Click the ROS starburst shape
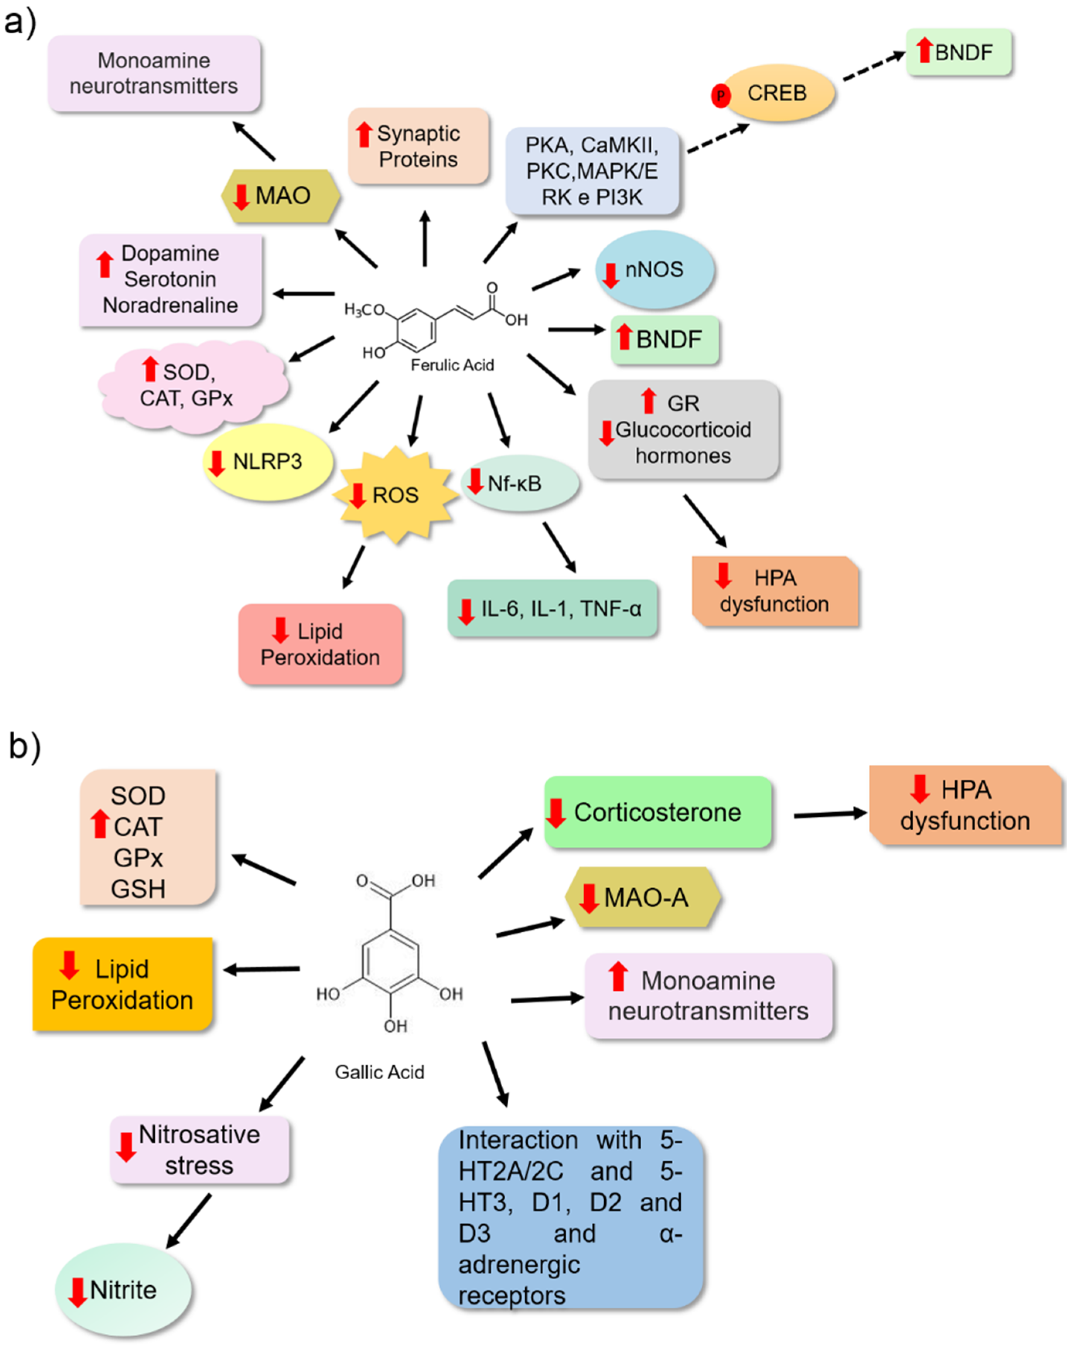395,495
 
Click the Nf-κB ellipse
520,483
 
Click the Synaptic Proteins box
418,146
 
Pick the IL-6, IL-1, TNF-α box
552,609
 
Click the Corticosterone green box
658,812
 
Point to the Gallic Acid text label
380,1072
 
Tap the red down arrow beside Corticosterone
555,813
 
